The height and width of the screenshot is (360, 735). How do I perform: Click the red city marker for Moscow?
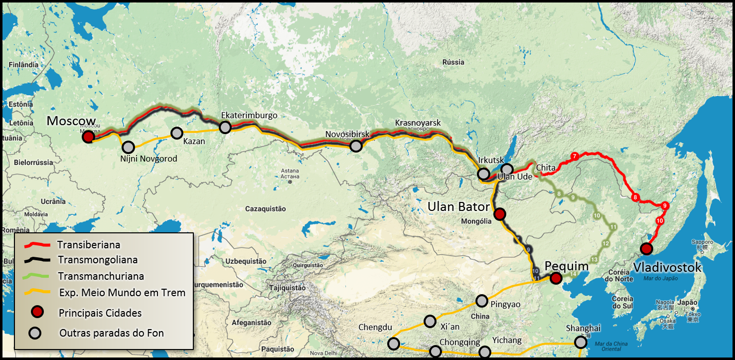point(88,137)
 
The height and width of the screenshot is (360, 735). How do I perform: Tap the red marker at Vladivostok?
point(646,248)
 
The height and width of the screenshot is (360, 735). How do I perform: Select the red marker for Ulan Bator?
point(499,214)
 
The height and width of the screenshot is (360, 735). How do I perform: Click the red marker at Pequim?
point(556,278)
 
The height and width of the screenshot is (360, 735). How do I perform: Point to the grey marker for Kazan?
point(177,133)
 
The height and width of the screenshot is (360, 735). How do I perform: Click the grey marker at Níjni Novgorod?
point(129,147)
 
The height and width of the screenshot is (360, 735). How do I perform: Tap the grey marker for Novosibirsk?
point(355,146)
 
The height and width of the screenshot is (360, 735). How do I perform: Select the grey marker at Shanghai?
point(580,342)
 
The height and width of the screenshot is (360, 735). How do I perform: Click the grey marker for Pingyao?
point(481,301)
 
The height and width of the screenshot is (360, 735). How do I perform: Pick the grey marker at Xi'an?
point(430,321)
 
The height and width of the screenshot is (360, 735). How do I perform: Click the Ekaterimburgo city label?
point(249,115)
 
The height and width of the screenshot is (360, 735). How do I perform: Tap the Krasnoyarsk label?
point(418,123)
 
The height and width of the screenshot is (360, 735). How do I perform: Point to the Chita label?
point(546,168)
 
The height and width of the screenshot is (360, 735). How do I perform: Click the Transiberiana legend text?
point(89,245)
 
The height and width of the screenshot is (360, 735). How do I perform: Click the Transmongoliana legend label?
point(98,260)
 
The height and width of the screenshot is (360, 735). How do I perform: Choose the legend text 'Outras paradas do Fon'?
point(112,333)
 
